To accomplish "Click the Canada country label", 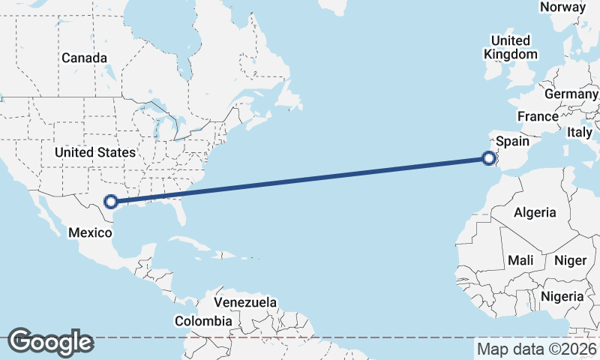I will [84, 58].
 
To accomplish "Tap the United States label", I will [94, 152].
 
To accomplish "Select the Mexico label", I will [90, 232].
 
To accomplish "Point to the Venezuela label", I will [245, 302].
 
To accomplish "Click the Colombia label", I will [203, 321].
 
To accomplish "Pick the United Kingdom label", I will [511, 47].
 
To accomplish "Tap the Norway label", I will [562, 7].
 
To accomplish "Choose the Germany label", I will [571, 94].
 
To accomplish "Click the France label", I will [538, 117].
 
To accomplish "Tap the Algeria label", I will [535, 212].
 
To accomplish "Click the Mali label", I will [520, 260].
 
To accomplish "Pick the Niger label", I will [569, 260].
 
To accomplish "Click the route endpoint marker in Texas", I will [111, 201].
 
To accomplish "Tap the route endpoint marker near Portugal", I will [489, 158].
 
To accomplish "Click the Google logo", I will [50, 342].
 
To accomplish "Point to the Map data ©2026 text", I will [537, 349].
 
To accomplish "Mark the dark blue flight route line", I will [300, 180].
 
